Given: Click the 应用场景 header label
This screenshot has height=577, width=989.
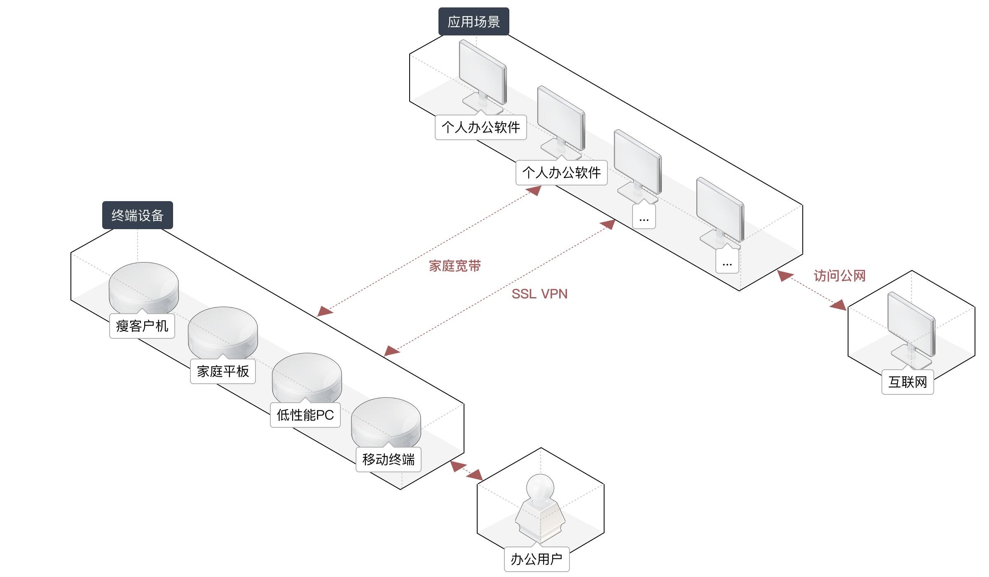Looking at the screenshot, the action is [x=473, y=21].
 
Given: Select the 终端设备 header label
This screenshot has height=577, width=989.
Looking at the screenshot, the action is [x=137, y=215].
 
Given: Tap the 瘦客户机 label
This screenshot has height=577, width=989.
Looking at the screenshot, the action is [x=142, y=326].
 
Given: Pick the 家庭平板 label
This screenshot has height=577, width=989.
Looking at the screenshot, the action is [x=223, y=371].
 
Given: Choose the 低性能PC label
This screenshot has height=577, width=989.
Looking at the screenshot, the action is [x=305, y=415].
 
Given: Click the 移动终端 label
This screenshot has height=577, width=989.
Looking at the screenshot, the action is [x=389, y=459].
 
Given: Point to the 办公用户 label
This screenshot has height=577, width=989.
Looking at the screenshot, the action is [x=537, y=559].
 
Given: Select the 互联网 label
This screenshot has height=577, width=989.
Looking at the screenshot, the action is [x=908, y=382].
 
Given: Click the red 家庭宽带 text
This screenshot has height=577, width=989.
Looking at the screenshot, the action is [x=455, y=266].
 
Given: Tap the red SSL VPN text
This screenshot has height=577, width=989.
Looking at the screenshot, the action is [x=539, y=294].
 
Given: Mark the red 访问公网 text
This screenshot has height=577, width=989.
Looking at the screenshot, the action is [x=840, y=276].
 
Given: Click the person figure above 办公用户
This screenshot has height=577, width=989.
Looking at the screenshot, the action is [x=540, y=509].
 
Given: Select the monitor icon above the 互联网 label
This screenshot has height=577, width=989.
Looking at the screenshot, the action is [x=912, y=330].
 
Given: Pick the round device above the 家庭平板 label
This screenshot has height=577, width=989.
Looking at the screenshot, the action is [x=223, y=333].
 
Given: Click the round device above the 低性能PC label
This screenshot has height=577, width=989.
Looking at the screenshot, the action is [x=307, y=378].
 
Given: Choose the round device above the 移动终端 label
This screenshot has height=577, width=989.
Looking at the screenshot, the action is [x=386, y=423].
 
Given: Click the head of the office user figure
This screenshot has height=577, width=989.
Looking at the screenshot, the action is [x=540, y=488].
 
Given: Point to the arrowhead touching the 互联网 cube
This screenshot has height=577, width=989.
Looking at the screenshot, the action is [x=839, y=305].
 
